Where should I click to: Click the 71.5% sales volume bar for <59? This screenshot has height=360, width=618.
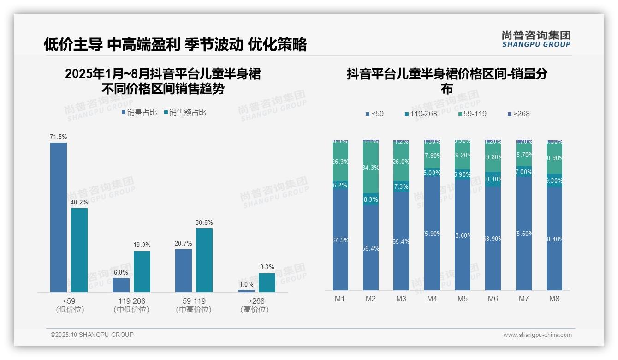[59, 217]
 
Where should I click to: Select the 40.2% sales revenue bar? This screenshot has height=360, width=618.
[79, 250]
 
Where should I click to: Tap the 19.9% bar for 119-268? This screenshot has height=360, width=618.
[142, 271]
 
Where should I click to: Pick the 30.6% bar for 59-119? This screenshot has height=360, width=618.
[204, 260]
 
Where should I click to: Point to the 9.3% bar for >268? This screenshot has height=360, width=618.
[267, 282]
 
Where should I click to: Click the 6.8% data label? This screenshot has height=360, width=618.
[121, 273]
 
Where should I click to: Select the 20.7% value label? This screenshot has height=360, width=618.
[184, 243]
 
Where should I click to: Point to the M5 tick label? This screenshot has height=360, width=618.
[463, 299]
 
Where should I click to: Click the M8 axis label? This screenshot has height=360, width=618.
[554, 299]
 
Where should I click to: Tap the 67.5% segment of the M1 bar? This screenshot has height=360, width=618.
[340, 240]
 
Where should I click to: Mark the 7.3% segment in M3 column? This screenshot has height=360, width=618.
[401, 186]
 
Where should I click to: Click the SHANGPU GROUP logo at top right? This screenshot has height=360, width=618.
[536, 39]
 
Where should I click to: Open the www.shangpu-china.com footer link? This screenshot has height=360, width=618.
[537, 335]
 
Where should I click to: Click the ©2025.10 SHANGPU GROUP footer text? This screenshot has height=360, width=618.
[92, 335]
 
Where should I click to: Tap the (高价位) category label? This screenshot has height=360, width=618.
[254, 310]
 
